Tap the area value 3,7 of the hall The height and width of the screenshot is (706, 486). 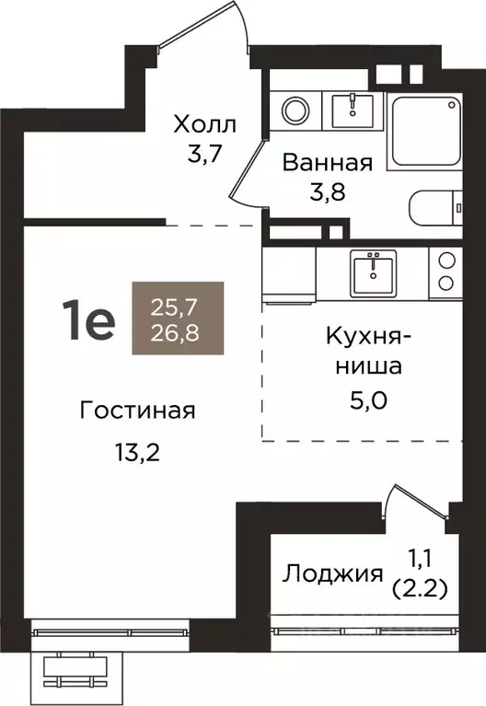click(x=204, y=154)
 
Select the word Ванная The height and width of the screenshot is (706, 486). click(x=327, y=164)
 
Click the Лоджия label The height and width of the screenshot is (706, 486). click(x=331, y=575)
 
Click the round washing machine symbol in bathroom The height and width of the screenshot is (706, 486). click(x=297, y=111)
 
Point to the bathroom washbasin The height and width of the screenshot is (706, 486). click(x=353, y=108)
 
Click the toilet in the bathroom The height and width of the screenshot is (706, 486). click(x=440, y=206)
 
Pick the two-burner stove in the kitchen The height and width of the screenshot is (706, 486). click(x=446, y=271)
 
